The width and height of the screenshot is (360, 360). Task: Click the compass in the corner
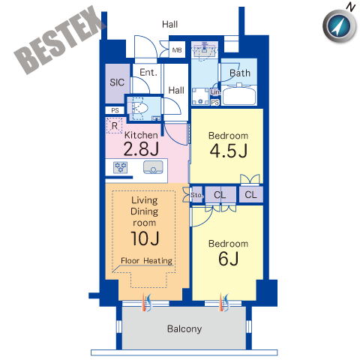pos(339,25)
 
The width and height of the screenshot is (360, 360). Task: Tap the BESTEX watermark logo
pos(60,40)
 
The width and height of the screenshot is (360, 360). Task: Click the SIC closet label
pos(117,82)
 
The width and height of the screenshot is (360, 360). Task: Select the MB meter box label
pos(177,50)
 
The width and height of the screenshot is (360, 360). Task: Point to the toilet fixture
pos(138,109)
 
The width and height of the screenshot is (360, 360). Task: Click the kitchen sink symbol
pos(153,167)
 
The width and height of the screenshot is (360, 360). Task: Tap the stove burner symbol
pos(121,167)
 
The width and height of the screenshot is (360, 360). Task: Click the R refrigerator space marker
pos(115,126)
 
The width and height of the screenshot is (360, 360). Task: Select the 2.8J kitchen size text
pos(141,149)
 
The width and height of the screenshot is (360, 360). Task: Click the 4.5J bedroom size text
pos(229,151)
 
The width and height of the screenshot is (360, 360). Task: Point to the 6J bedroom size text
pos(229,259)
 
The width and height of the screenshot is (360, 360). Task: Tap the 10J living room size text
pos(145,238)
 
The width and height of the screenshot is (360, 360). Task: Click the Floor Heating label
pos(146,261)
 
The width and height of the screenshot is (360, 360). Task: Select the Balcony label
pos(184,329)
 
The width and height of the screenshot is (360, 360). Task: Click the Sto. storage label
pos(196,195)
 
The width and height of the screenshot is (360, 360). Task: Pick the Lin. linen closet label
pos(215,92)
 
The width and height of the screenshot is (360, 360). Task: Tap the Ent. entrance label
pos(148,73)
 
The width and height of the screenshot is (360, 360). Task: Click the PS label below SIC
pos(115,110)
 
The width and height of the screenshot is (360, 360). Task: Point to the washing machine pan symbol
pos(200,97)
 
